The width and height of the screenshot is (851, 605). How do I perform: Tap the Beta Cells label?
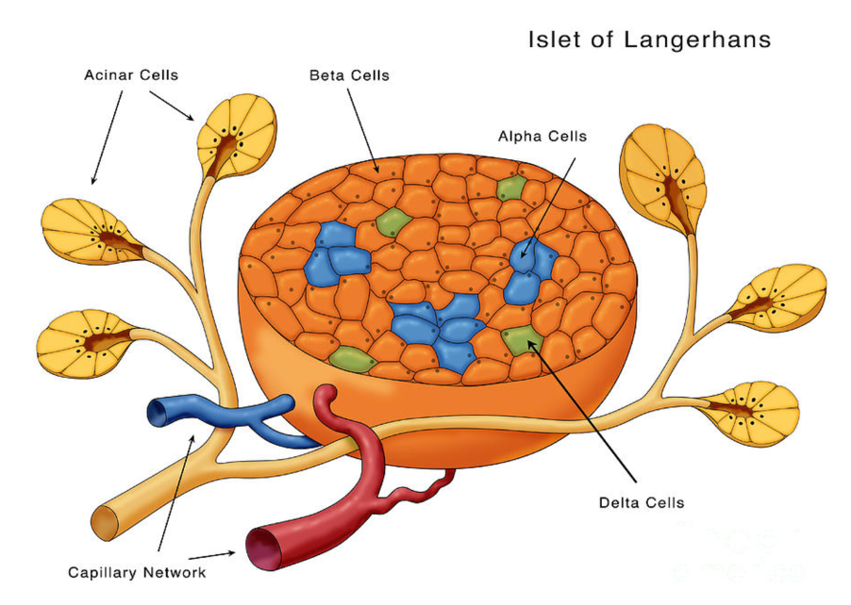coord(349,74)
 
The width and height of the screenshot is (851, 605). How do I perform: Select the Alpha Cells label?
coord(542,137)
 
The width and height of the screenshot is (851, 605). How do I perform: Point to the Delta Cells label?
coord(642,502)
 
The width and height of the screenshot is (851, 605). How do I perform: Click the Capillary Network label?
coord(137,572)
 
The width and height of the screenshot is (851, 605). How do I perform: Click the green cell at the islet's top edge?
coord(510,188)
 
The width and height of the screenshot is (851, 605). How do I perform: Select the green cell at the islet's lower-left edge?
coord(350,357)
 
